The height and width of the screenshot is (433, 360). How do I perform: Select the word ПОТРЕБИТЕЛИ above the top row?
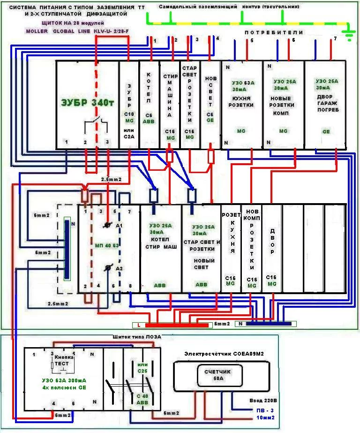(x=274, y=32)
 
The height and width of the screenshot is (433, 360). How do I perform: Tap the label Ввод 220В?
(x=263, y=401)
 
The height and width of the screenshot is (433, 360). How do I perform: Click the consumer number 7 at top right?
(x=335, y=38)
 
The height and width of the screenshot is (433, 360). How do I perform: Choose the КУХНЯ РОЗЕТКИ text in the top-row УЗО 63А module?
(x=242, y=102)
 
